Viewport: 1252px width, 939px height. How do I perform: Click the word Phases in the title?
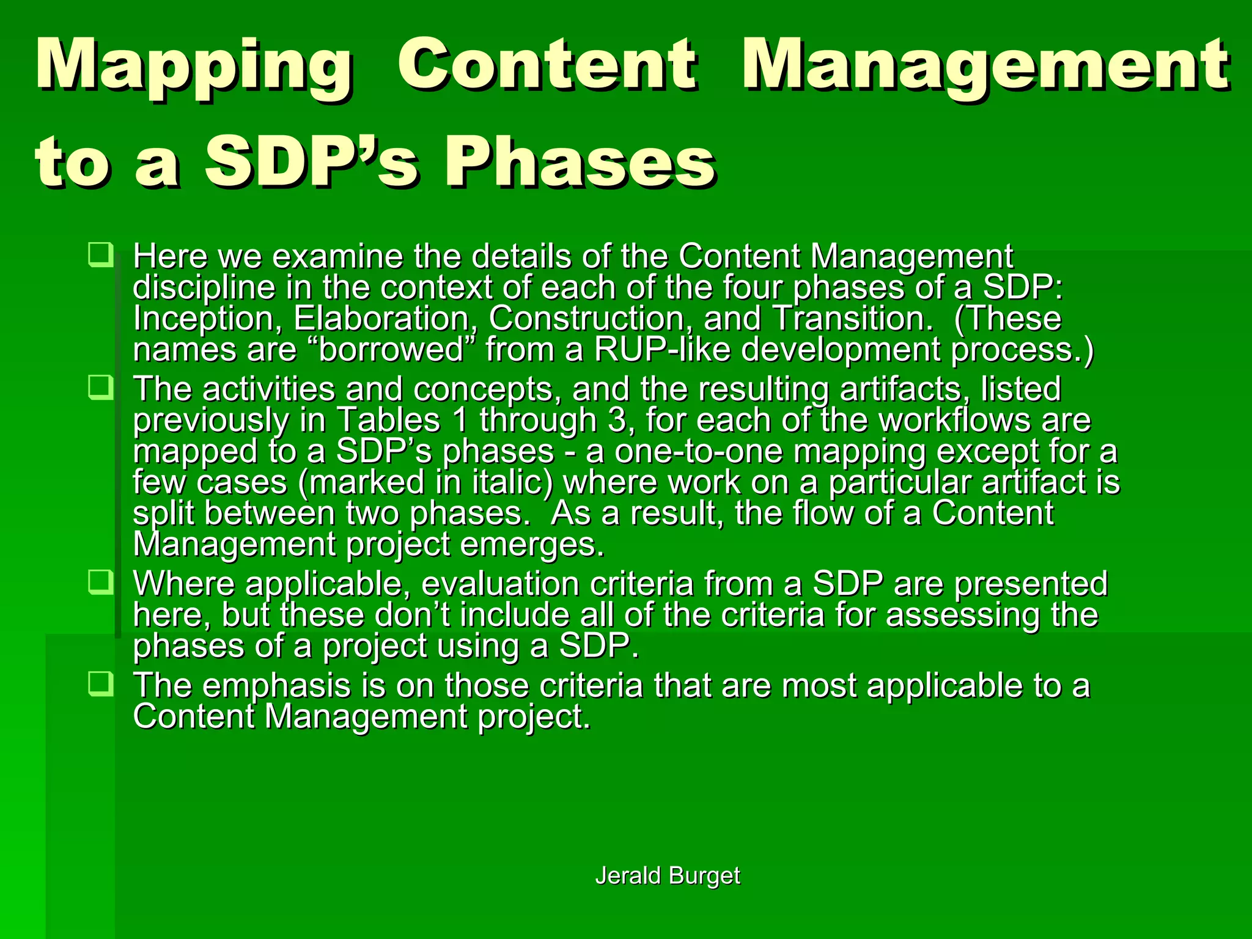[x=580, y=162]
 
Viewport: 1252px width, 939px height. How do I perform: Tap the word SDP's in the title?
[x=312, y=162]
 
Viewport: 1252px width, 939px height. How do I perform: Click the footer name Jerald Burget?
[x=668, y=875]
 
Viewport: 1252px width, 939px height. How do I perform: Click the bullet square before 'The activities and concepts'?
[x=100, y=387]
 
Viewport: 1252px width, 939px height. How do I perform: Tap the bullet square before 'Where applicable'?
[x=100, y=581]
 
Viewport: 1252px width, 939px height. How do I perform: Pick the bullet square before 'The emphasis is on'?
[x=100, y=683]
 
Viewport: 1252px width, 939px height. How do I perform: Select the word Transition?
[x=853, y=319]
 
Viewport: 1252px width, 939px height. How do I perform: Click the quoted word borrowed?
[x=392, y=350]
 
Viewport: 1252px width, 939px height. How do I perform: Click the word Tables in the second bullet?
[x=388, y=421]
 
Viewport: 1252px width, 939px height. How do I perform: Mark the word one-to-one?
[x=698, y=452]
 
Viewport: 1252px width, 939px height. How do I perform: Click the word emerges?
[x=532, y=545]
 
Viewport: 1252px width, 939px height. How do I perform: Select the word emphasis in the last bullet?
[x=276, y=686]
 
